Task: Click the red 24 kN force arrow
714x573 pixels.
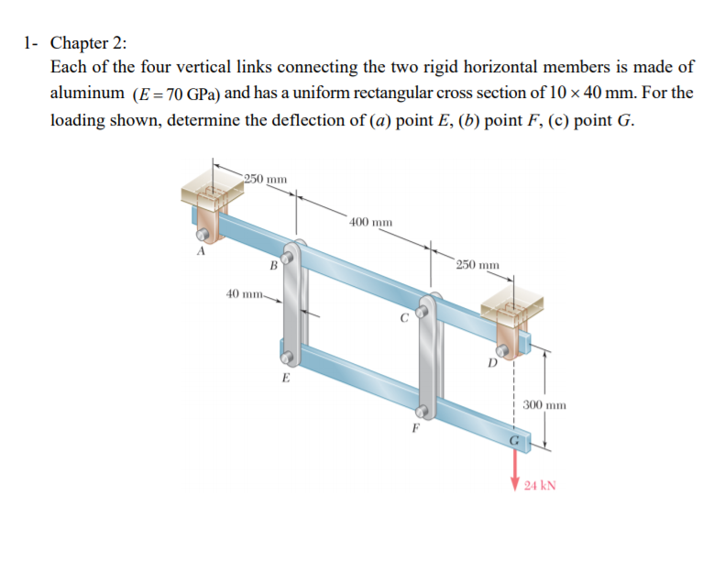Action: pos(515,467)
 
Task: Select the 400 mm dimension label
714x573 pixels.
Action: pos(370,222)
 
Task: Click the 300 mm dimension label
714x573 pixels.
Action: pos(544,403)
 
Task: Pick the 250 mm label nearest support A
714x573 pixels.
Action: pos(266,177)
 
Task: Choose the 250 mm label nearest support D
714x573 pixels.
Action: pos(477,264)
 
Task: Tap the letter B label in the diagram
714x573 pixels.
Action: pos(273,267)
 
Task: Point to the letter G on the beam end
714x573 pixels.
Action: pos(515,442)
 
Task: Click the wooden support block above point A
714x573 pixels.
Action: pos(214,192)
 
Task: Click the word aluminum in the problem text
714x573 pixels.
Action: pos(87,94)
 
